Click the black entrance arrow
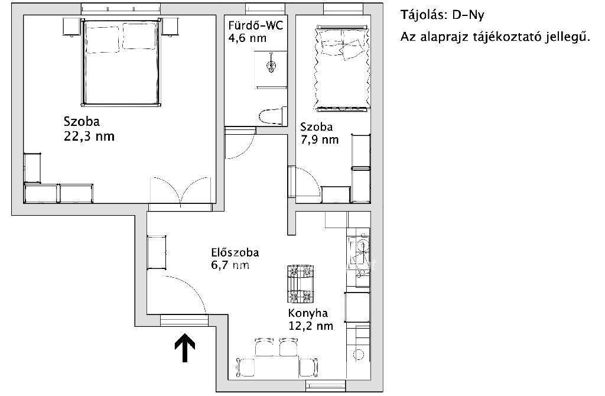pyautogui.click(x=185, y=348)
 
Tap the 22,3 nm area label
pyautogui.click(x=89, y=137)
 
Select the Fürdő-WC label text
pyautogui.click(x=255, y=26)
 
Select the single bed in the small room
pyautogui.click(x=341, y=69)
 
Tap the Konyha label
pyautogui.click(x=308, y=313)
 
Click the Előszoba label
pyautogui.click(x=235, y=252)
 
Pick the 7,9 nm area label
pyautogui.click(x=320, y=139)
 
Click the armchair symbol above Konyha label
pyautogui.click(x=300, y=284)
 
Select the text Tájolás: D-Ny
pyautogui.click(x=442, y=15)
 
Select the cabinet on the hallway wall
pyautogui.click(x=157, y=252)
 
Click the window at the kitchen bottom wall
pyautogui.click(x=326, y=385)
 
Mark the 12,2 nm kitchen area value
pyautogui.click(x=311, y=326)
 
